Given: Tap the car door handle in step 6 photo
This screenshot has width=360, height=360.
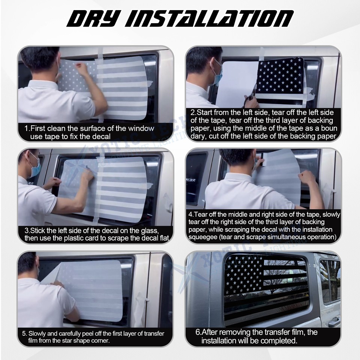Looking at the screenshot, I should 333,322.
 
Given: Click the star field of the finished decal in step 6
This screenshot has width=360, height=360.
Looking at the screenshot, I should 244,274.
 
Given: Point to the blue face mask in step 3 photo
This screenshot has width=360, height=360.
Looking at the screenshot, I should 34,169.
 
